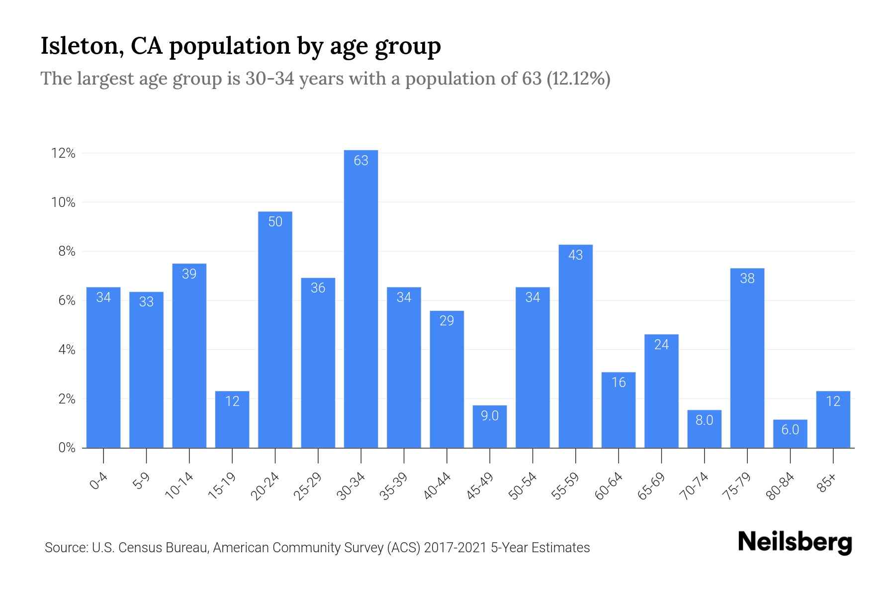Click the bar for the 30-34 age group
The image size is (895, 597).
[x=361, y=298]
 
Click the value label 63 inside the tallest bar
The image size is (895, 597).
[x=361, y=161]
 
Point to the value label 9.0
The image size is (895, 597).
[x=490, y=416]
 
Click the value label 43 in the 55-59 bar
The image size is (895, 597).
[x=575, y=255]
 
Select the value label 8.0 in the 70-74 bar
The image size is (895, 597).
[x=704, y=420]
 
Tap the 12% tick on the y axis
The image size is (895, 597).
[x=63, y=153]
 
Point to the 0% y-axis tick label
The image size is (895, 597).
[x=67, y=448]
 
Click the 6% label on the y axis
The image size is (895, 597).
[x=67, y=300]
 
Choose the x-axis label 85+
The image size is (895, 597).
[x=826, y=484]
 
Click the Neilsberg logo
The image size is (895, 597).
[x=795, y=542]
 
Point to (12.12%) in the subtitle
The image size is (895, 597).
[x=578, y=79]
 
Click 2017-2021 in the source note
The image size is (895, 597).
[x=455, y=548]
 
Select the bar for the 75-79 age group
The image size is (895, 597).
[x=747, y=358]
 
